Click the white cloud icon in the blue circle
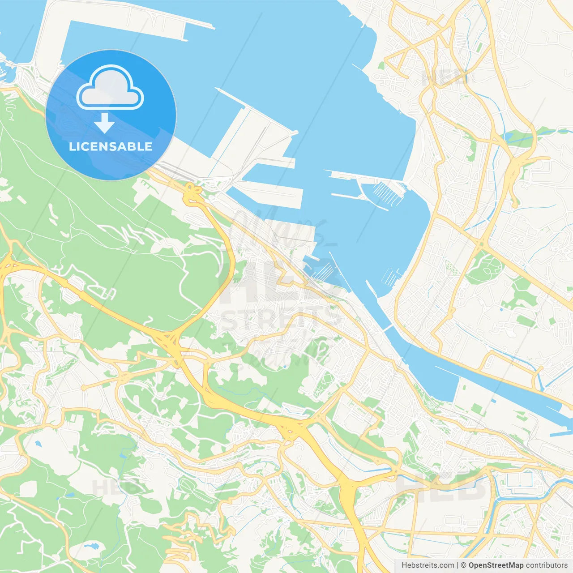(110, 87)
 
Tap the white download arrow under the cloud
(104, 123)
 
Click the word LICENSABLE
(111, 146)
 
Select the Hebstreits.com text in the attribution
(428, 565)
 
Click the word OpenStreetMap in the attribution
(496, 565)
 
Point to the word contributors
(547, 565)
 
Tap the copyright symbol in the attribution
(463, 565)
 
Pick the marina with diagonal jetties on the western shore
(325, 271)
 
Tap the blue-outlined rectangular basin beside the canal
(520, 480)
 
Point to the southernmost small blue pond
(92, 546)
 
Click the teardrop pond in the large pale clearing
(38, 444)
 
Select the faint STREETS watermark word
(280, 320)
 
